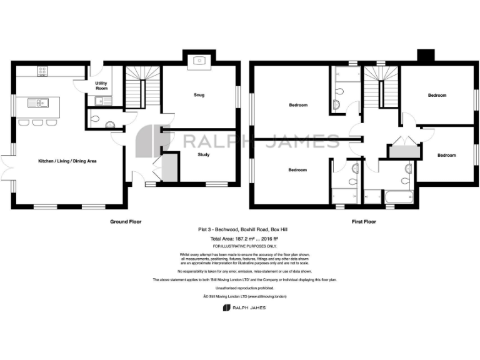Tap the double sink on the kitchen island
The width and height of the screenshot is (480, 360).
click(38, 102)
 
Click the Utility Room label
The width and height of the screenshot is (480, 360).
click(101, 86)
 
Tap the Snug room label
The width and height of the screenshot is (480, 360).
click(199, 95)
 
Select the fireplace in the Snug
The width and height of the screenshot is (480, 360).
click(199, 61)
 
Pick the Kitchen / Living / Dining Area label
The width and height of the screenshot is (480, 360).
click(67, 161)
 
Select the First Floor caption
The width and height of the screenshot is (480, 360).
click(363, 221)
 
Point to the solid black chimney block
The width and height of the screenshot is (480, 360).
click(427, 56)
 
